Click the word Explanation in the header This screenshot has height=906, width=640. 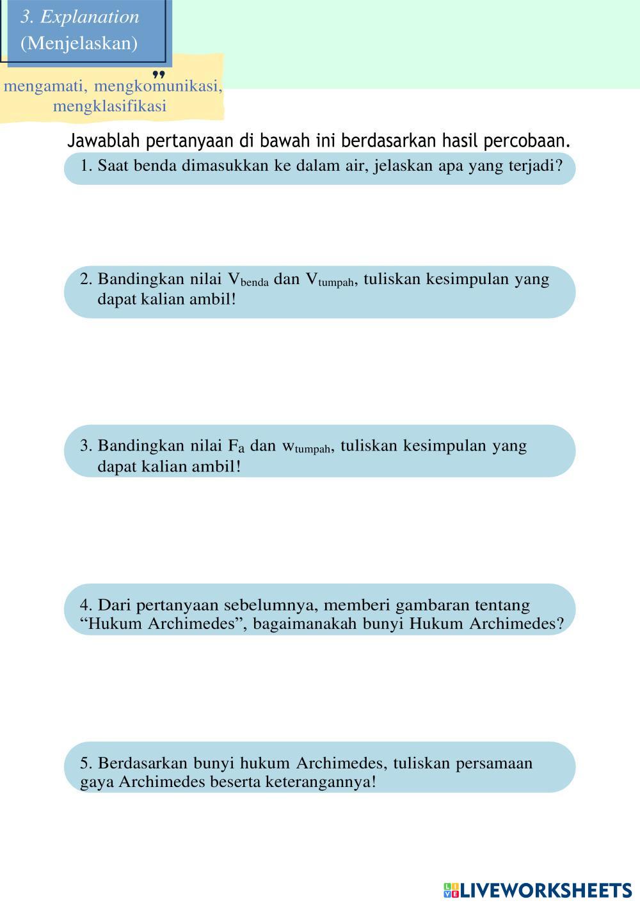90,17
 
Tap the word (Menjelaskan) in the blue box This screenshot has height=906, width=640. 79,44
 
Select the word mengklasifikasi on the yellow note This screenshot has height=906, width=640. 109,106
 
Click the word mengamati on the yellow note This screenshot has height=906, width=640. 45,86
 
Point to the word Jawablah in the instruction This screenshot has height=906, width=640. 104,140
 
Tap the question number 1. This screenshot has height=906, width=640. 86,166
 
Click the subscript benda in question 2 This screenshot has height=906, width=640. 255,283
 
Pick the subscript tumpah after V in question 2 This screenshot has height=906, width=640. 335,283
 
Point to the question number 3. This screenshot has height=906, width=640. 86,446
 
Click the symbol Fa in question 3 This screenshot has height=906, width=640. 236,446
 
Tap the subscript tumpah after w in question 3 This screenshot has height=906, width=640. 312,449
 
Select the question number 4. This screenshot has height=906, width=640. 86,605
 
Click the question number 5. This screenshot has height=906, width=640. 86,763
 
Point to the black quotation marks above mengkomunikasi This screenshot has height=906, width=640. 159,75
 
